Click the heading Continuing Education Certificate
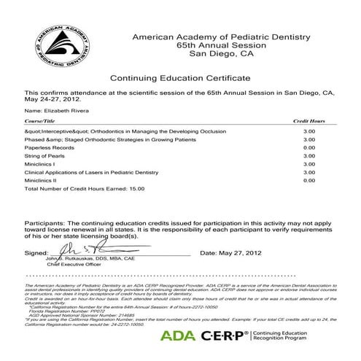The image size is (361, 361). pyautogui.click(x=179, y=77)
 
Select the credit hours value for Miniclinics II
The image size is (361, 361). pyautogui.click(x=308, y=179)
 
